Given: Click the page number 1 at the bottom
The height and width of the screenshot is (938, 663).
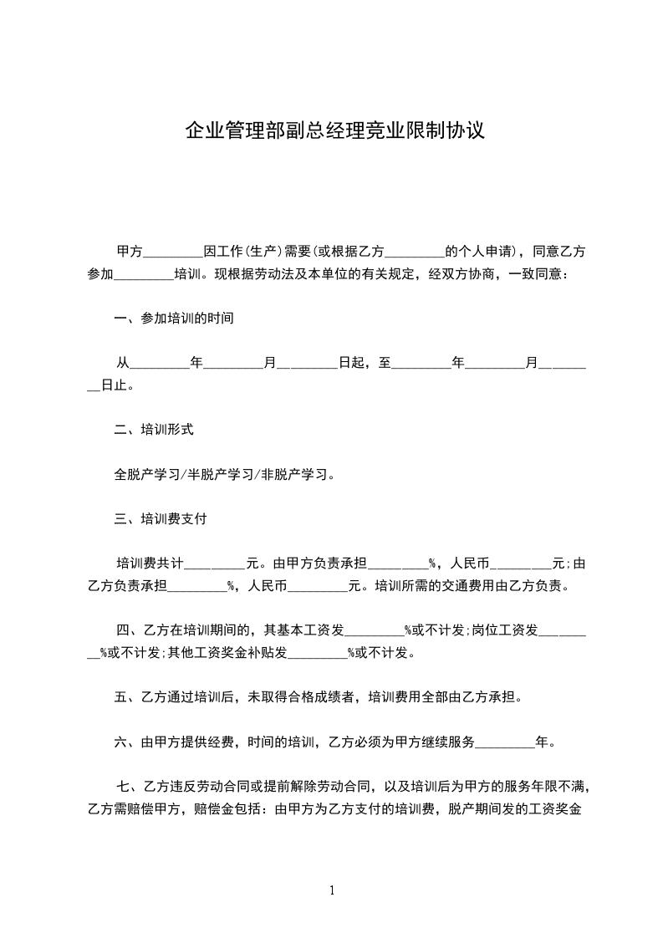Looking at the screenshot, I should pyautogui.click(x=332, y=890).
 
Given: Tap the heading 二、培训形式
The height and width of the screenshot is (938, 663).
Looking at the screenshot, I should pyautogui.click(x=154, y=431).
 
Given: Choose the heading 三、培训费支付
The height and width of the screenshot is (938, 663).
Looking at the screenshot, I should pyautogui.click(x=161, y=519).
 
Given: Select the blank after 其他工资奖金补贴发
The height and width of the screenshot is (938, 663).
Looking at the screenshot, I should pyautogui.click(x=318, y=653).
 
